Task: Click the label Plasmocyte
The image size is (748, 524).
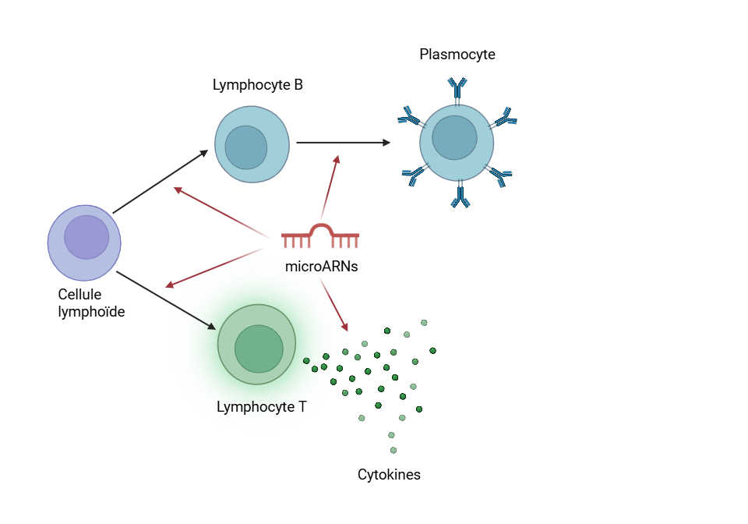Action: (x=457, y=55)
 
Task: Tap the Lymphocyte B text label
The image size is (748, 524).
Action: (x=257, y=85)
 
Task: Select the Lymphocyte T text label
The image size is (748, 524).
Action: (x=261, y=406)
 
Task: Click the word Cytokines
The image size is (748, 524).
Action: (x=389, y=474)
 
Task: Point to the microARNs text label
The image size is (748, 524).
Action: (x=321, y=266)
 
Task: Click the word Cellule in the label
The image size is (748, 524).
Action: (x=79, y=295)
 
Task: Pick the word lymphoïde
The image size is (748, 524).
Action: (x=91, y=311)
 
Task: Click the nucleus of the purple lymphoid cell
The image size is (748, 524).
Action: (x=86, y=238)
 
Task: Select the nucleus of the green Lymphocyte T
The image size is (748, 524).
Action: (x=259, y=349)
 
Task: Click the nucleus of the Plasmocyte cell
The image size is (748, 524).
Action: (x=454, y=137)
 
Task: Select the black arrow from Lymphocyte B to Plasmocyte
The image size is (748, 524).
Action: (x=343, y=143)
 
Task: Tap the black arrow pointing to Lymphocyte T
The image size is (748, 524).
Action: (x=165, y=300)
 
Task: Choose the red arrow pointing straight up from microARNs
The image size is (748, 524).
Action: (x=330, y=187)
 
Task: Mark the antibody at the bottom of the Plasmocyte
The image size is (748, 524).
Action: (x=460, y=195)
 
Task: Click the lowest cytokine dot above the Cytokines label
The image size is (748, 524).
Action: (x=393, y=450)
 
